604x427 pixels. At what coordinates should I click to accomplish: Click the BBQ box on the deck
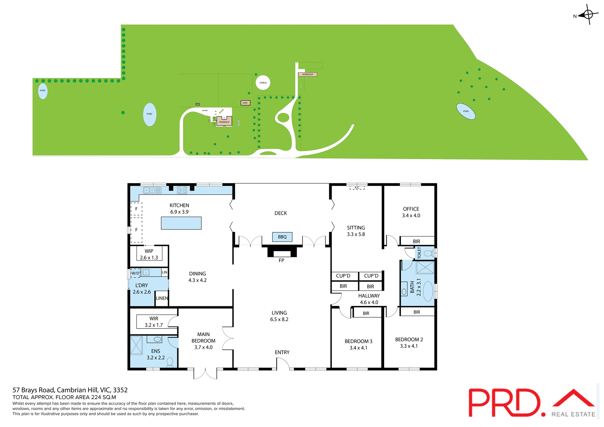point(282,237)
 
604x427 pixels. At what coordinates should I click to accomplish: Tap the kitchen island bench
point(181,223)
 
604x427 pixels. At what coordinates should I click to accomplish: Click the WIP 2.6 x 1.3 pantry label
point(149,254)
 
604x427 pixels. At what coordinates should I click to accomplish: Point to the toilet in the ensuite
point(170,362)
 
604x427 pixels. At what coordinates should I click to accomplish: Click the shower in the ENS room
point(136,345)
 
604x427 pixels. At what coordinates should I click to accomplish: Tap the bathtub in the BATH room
point(428,291)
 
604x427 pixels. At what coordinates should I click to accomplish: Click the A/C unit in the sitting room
point(357,188)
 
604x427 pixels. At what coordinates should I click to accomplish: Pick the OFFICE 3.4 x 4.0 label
point(411,212)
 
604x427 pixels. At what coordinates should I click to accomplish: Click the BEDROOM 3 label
point(358,344)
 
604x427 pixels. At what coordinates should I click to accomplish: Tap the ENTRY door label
point(282,352)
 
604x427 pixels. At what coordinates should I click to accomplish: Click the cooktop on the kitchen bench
point(182,190)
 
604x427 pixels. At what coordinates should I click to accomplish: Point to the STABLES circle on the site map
point(263,83)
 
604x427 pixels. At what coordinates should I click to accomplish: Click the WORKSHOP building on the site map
point(307,75)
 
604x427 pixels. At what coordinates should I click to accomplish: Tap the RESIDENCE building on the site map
point(224,121)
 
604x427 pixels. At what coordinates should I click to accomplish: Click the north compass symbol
point(588,14)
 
